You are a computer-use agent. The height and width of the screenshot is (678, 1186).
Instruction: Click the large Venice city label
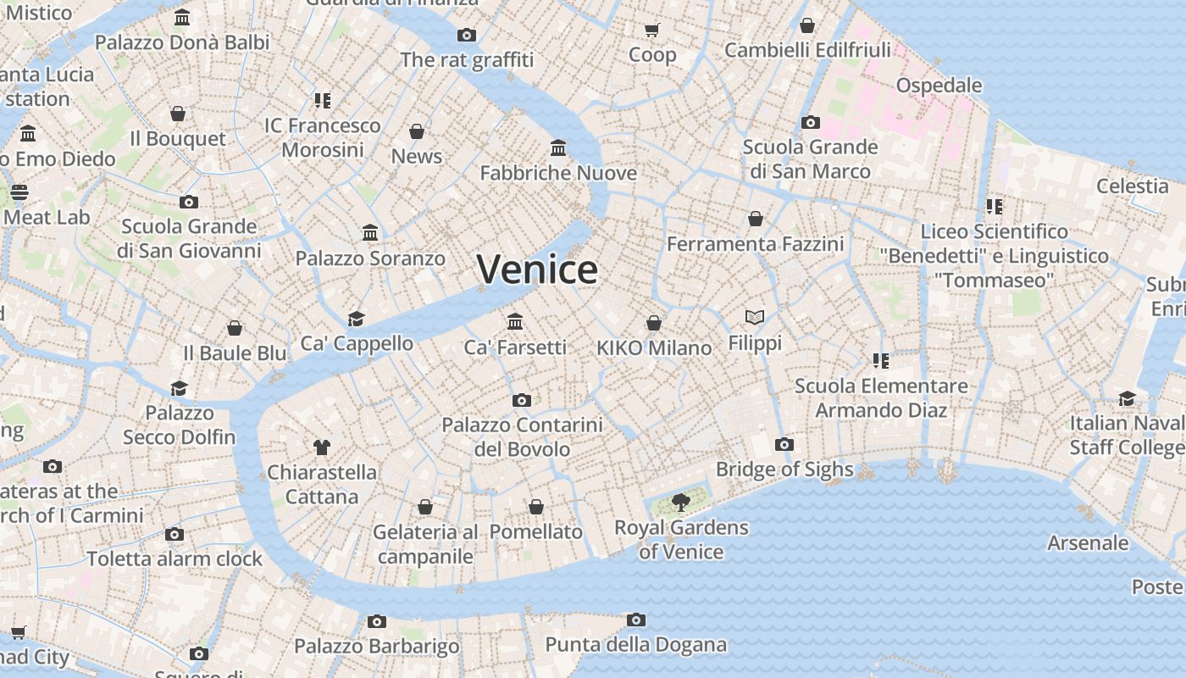537,270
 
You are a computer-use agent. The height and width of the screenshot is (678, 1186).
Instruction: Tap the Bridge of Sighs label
784,470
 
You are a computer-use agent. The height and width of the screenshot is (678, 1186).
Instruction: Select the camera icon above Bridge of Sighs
784,444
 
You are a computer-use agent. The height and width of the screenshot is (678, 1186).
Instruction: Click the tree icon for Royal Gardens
680,503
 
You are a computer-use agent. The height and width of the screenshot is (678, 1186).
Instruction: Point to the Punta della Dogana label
635,645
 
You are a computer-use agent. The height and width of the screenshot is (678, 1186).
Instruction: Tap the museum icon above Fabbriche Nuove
558,148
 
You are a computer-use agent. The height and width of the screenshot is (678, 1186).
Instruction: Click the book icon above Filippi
755,318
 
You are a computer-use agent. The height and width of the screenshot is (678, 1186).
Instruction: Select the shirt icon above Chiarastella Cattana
322,447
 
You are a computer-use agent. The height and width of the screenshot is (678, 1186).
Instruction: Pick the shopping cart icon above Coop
651,31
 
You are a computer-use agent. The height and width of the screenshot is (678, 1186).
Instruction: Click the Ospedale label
939,86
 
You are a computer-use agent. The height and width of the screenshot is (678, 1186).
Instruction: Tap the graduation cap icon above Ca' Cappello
357,319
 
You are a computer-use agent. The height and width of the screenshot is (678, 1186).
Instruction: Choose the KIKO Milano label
654,348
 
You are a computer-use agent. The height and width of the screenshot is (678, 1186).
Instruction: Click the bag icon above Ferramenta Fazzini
756,220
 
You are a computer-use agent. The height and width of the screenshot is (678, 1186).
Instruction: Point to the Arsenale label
1088,543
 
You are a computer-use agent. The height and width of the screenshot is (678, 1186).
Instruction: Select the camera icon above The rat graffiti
467,35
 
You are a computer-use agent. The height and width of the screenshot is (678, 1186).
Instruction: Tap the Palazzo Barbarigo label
377,647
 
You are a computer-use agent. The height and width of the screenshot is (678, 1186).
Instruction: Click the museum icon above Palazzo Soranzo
370,233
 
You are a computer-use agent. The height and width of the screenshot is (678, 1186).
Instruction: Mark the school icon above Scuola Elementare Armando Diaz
881,361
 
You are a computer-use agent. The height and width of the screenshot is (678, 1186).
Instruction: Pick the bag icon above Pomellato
536,507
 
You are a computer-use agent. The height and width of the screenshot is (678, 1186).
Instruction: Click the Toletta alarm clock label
175,559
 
